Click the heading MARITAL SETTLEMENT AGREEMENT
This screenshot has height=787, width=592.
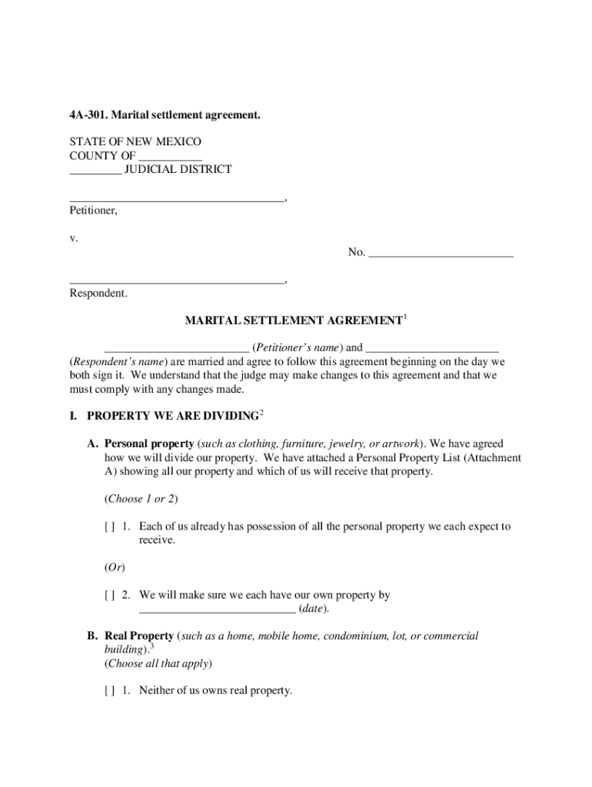294,320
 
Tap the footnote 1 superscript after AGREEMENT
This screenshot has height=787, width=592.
405,316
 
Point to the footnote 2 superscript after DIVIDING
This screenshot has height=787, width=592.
261,413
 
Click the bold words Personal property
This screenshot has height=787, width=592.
149,444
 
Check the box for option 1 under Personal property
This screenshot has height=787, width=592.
110,527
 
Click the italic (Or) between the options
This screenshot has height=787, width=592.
114,567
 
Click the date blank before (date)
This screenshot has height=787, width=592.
217,610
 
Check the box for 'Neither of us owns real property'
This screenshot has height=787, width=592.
110,691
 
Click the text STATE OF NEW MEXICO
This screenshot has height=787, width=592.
135,143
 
